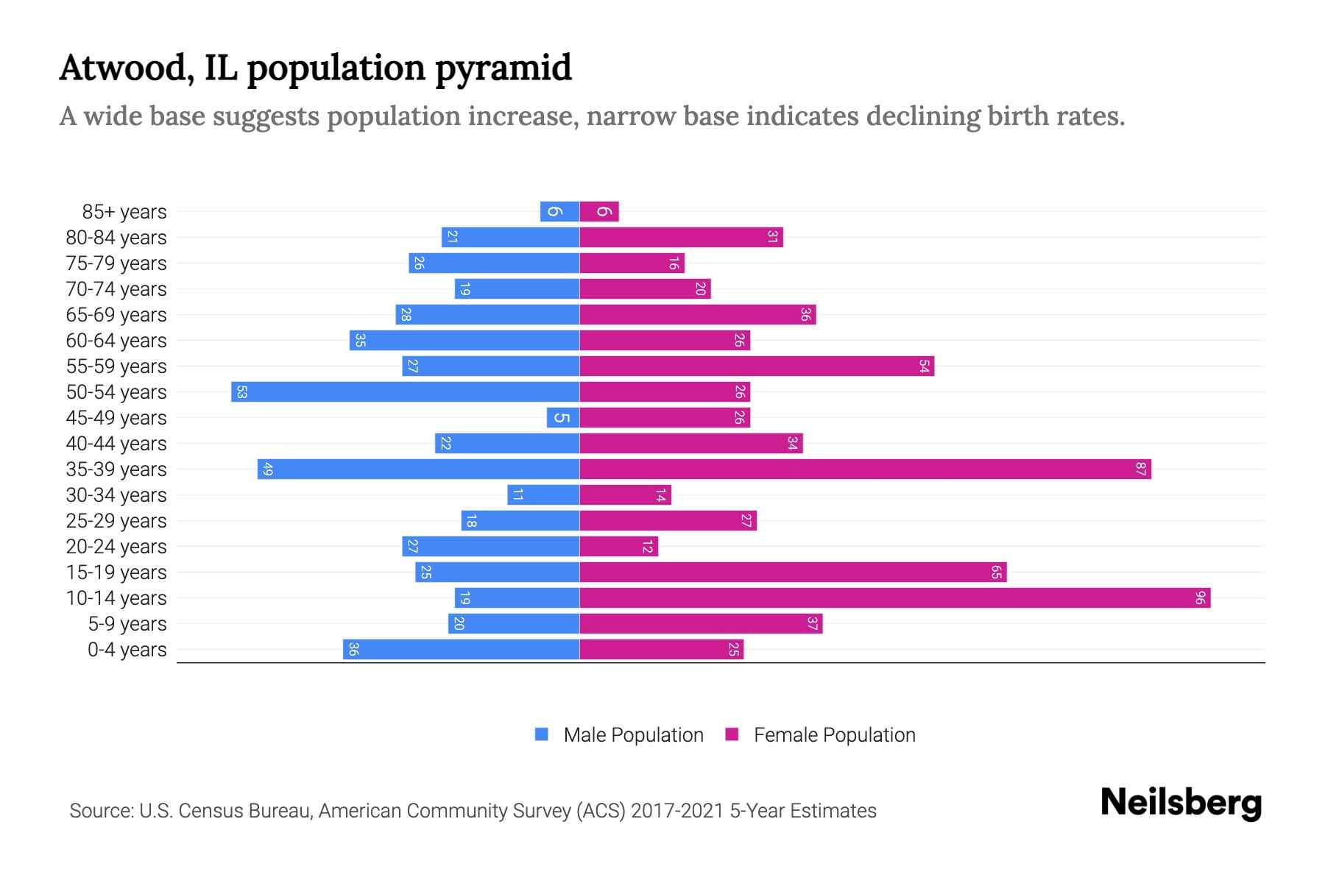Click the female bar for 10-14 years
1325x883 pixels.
894,598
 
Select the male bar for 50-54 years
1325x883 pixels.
405,392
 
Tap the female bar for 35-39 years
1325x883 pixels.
865,469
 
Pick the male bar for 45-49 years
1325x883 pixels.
563,418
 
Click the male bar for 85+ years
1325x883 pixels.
559,212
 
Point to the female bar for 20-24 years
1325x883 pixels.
618,547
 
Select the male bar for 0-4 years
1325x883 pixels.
461,650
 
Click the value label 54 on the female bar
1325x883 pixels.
924,366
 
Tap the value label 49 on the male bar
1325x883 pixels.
268,469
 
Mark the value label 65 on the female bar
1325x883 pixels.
996,572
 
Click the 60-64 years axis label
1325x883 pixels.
116,341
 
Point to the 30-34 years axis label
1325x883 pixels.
116,495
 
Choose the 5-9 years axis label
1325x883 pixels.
127,624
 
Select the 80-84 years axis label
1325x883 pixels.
116,238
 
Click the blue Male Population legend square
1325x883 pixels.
542,734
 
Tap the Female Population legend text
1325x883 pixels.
834,735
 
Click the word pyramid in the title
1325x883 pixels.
503,68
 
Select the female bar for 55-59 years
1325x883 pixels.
757,366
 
